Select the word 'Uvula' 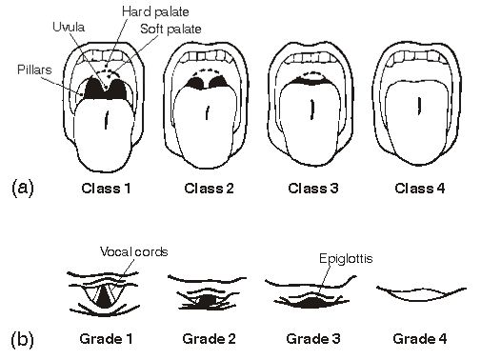point(69,27)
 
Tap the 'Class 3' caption point(313,188)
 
